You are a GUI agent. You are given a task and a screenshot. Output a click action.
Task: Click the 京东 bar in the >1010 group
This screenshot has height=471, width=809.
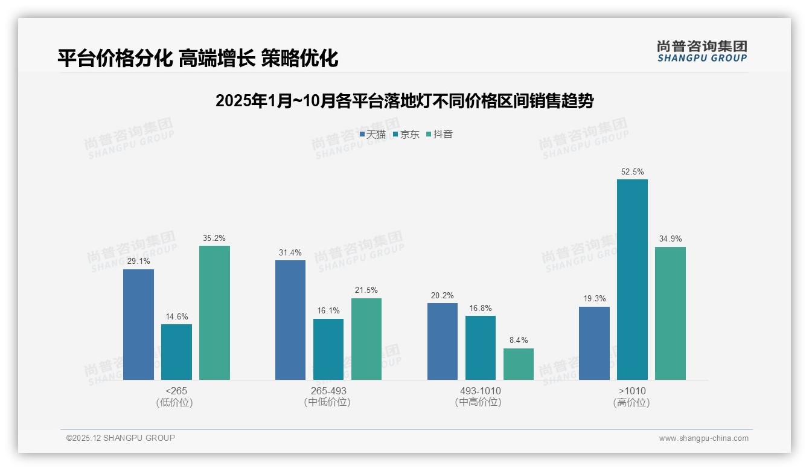pyautogui.click(x=632, y=280)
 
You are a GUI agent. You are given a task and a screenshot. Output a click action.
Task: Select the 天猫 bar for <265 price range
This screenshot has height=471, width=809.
pyautogui.click(x=138, y=324)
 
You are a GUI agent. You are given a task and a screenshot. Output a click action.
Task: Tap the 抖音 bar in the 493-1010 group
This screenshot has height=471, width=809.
pyautogui.click(x=518, y=364)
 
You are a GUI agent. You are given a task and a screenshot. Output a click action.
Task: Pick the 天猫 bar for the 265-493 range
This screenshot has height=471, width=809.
pyautogui.click(x=290, y=320)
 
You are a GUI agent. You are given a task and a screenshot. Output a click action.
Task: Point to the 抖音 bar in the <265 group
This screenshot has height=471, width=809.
pyautogui.click(x=214, y=313)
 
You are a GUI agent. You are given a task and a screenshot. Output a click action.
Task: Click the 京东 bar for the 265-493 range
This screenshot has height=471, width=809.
pyautogui.click(x=328, y=349)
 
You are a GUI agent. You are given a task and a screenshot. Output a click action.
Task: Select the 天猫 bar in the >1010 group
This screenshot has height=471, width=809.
pyautogui.click(x=594, y=343)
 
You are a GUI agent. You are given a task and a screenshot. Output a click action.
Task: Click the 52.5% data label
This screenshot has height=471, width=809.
pyautogui.click(x=632, y=172)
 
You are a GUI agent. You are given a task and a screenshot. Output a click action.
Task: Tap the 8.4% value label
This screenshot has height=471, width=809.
pyautogui.click(x=518, y=341)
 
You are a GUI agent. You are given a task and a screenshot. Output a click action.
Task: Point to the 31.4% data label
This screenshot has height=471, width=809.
pyautogui.click(x=290, y=253)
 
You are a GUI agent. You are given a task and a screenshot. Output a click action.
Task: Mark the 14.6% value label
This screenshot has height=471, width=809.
pyautogui.click(x=176, y=317)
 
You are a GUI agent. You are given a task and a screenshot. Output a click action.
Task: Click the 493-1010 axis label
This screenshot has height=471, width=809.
pyautogui.click(x=480, y=391)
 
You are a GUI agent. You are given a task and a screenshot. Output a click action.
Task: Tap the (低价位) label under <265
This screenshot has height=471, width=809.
pyautogui.click(x=174, y=403)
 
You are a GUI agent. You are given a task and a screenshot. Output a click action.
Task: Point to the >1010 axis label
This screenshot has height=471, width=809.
pyautogui.click(x=632, y=391)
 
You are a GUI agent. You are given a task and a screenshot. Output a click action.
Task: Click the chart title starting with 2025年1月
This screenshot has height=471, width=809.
pyautogui.click(x=405, y=101)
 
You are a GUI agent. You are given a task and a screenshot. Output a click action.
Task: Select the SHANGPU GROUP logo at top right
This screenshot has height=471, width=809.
pyautogui.click(x=702, y=51)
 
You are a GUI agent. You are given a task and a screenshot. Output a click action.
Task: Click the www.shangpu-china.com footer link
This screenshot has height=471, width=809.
pyautogui.click(x=703, y=438)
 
